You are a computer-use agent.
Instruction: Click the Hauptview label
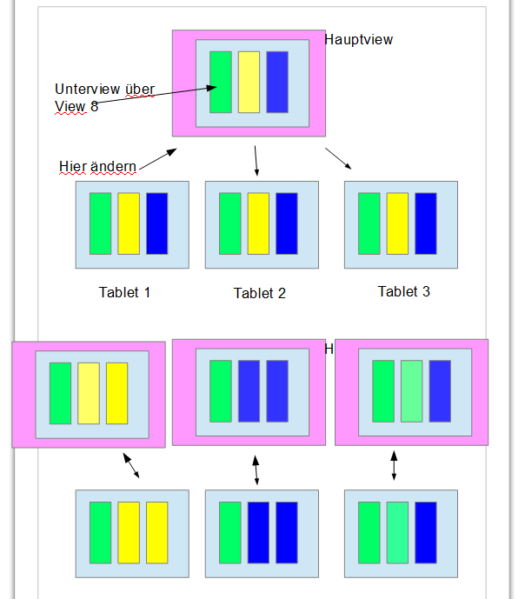tap(359, 39)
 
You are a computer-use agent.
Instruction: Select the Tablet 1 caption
tap(125, 292)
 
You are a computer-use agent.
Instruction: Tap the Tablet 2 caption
tap(259, 293)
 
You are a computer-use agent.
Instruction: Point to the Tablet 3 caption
tap(403, 291)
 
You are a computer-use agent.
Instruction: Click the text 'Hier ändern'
tap(97, 166)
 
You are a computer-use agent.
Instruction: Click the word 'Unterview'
tap(87, 89)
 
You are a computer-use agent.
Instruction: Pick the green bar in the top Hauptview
tap(221, 82)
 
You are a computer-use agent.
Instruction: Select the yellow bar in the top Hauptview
tap(249, 82)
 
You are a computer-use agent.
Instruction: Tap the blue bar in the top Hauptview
tap(277, 82)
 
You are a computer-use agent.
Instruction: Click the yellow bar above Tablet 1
tap(129, 223)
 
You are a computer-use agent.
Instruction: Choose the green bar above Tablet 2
tap(230, 223)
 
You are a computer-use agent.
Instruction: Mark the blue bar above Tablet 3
tap(426, 223)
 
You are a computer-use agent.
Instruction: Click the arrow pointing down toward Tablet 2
tap(256, 161)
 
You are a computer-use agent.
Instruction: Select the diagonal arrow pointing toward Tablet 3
tap(339, 158)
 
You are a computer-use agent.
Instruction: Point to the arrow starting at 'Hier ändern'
tap(157, 158)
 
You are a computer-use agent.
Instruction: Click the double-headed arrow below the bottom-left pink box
tap(131, 466)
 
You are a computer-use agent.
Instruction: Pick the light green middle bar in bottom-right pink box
tap(412, 391)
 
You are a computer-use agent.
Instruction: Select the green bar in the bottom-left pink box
tap(60, 393)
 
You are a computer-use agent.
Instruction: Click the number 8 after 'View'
tap(94, 106)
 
